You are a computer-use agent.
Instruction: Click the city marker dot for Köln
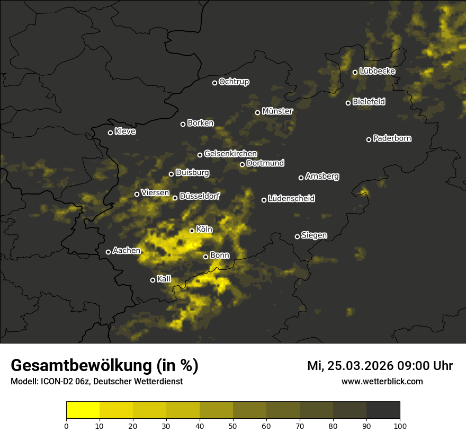click(x=192, y=231)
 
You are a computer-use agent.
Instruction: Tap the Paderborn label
click(x=392, y=138)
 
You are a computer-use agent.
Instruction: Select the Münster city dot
click(x=258, y=112)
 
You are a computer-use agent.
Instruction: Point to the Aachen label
click(x=127, y=251)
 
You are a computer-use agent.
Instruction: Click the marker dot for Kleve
click(x=111, y=133)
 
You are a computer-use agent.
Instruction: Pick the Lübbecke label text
click(x=377, y=71)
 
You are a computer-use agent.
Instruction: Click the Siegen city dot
click(x=297, y=236)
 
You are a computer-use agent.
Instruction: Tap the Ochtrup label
click(x=234, y=82)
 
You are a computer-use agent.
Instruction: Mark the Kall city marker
click(x=153, y=280)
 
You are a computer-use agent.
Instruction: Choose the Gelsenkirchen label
click(x=230, y=154)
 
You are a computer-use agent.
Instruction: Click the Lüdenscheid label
click(x=291, y=199)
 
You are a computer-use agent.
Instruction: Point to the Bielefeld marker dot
click(x=348, y=103)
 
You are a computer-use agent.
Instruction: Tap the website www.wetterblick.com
click(x=382, y=381)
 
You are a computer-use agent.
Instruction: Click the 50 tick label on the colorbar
click(x=233, y=426)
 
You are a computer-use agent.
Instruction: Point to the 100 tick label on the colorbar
click(x=400, y=426)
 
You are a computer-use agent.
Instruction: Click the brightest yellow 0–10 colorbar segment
click(x=83, y=410)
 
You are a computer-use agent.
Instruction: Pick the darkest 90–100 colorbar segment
click(x=383, y=410)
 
